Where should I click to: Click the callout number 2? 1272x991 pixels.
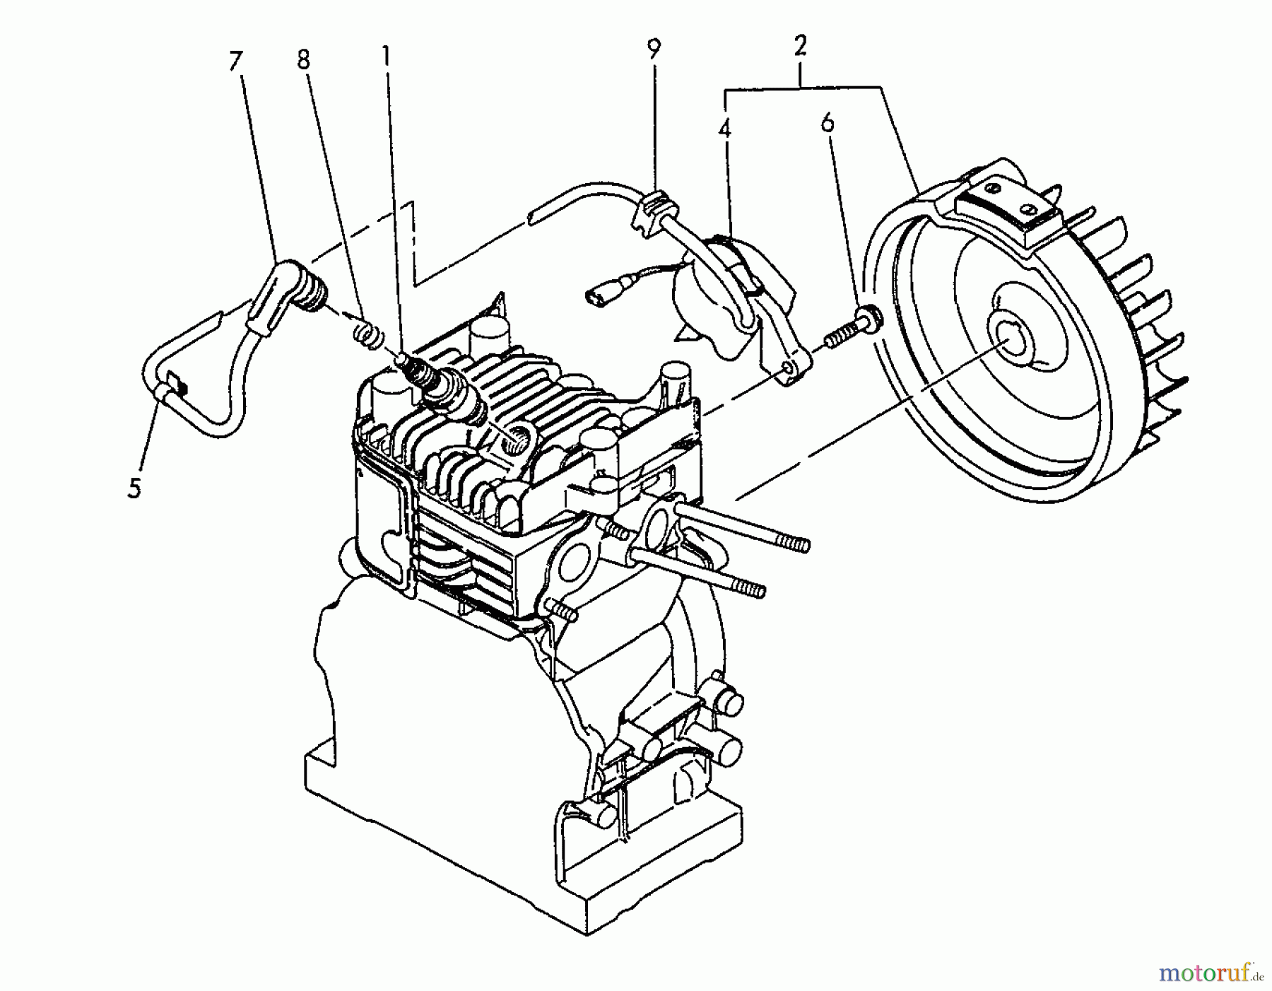coord(800,47)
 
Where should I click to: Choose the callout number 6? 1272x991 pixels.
coord(828,123)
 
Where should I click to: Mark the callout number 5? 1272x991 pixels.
coord(134,488)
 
